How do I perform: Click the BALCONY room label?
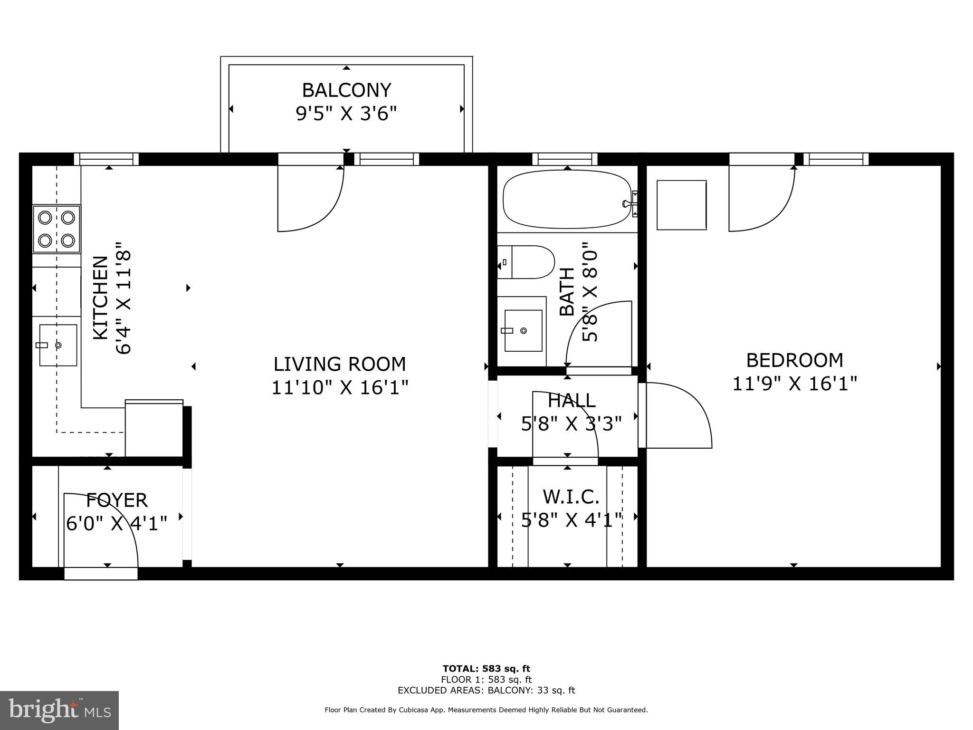(346, 90)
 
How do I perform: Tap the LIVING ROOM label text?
(340, 364)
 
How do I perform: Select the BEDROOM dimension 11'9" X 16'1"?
(794, 384)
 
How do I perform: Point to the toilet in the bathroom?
(526, 262)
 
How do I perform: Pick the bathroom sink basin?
(523, 330)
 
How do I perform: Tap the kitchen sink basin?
(58, 345)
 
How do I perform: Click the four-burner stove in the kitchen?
(57, 229)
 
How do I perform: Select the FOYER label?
(117, 500)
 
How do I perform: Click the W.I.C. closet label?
(571, 497)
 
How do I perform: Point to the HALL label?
(572, 401)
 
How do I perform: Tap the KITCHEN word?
(100, 298)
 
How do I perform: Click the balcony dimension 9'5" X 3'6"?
(346, 114)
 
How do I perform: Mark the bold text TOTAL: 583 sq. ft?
(486, 669)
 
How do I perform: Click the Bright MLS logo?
(59, 710)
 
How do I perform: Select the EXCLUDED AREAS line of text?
(486, 690)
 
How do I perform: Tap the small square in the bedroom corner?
(681, 205)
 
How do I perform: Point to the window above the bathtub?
(565, 159)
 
